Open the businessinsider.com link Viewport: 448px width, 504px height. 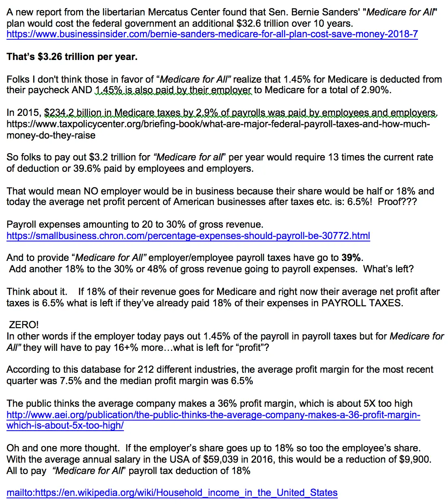pos(212,34)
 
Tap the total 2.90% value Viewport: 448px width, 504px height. pos(377,90)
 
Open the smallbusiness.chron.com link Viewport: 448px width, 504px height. pos(188,236)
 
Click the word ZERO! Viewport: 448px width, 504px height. pos(24,325)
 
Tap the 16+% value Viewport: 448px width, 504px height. pos(120,348)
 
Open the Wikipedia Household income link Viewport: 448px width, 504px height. pos(172,493)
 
